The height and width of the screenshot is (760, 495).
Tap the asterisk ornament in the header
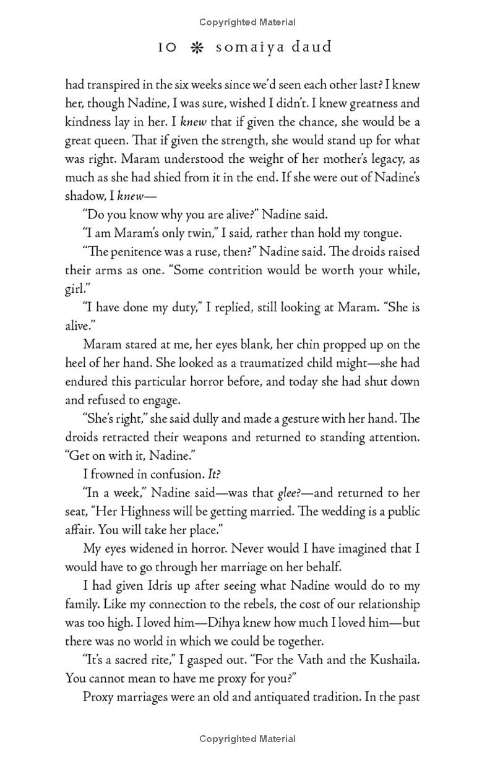(196, 47)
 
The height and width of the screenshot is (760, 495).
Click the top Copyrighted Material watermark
(247, 22)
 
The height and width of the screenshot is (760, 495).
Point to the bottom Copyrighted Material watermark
(247, 738)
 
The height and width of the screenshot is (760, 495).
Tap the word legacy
(376, 159)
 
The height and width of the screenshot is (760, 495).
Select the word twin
(207, 233)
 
